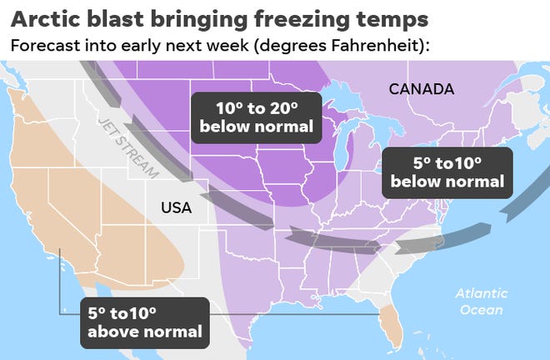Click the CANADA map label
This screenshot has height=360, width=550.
(x=421, y=88)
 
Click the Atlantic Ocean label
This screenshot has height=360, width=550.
(x=479, y=301)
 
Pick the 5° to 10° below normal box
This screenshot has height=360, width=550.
(x=447, y=171)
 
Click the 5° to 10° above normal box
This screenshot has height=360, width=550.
(x=144, y=322)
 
